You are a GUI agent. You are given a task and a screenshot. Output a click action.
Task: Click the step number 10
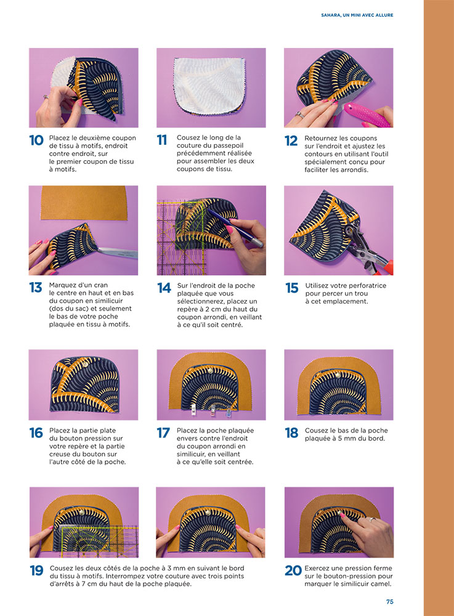[x=36, y=140]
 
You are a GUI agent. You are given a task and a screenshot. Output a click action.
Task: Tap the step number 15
[x=292, y=288]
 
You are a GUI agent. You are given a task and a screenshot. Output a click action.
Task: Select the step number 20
[x=293, y=570]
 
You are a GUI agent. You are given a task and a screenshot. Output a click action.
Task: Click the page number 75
[x=389, y=601]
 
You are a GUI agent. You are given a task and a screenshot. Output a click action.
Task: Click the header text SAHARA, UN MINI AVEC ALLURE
[x=357, y=15]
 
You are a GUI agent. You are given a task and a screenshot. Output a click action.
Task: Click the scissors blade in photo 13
[x=118, y=251]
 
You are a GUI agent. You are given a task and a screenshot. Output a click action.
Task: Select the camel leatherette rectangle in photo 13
[x=83, y=202]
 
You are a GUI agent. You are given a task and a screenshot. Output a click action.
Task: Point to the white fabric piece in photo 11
[x=209, y=84]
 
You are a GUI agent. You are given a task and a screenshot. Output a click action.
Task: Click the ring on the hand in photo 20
[x=371, y=519]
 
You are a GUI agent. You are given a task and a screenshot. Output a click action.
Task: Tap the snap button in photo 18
[x=338, y=375]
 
